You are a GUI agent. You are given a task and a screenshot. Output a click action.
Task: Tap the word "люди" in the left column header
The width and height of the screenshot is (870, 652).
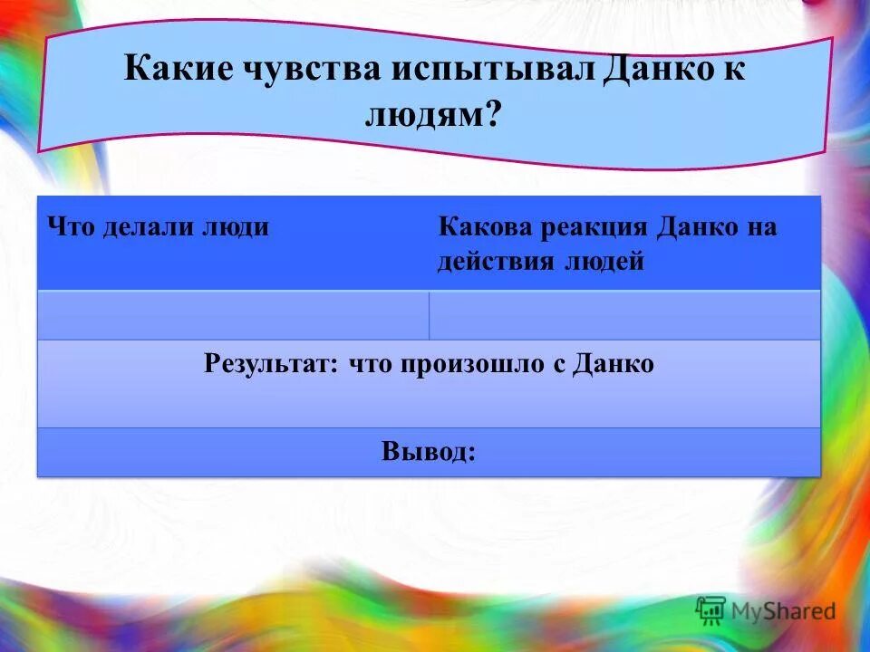(237, 226)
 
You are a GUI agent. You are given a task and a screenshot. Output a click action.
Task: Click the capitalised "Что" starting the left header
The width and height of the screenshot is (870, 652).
(72, 226)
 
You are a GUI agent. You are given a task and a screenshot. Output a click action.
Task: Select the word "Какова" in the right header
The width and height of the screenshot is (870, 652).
(486, 226)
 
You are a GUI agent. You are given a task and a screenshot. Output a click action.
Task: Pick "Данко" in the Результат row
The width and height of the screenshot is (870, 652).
(614, 364)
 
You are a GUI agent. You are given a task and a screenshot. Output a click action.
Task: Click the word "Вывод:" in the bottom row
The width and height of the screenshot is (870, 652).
(429, 451)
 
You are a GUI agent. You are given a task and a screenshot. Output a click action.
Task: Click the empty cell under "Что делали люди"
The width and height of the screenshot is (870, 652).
(232, 315)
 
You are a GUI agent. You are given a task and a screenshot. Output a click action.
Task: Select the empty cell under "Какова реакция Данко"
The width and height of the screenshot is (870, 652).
(624, 315)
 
